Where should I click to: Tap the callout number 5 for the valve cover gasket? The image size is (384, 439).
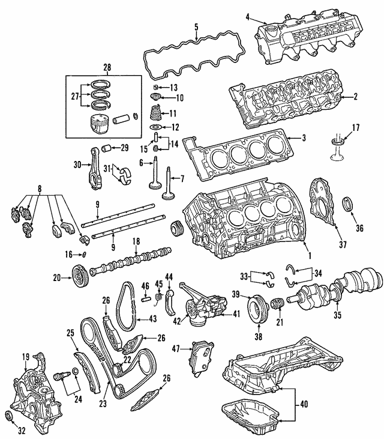(x=196, y=26)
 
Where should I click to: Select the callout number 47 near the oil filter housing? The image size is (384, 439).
(x=176, y=348)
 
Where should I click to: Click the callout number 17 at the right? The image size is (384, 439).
(x=355, y=127)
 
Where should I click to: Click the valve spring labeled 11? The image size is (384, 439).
(x=155, y=112)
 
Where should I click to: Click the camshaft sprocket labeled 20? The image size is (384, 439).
(x=76, y=274)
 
